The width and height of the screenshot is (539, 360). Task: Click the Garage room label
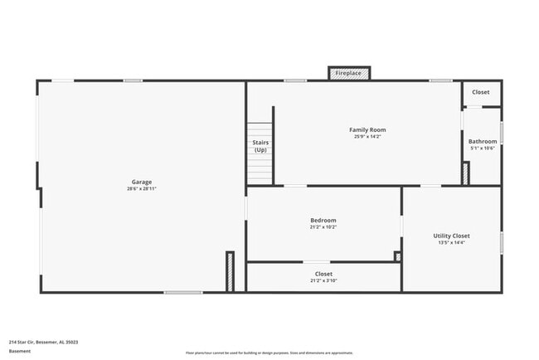pyautogui.click(x=142, y=182)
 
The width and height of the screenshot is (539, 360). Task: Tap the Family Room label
pyautogui.click(x=367, y=129)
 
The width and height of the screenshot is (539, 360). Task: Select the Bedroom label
pyautogui.click(x=323, y=220)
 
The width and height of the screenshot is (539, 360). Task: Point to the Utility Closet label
pyautogui.click(x=451, y=236)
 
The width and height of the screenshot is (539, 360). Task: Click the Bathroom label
pyautogui.click(x=482, y=141)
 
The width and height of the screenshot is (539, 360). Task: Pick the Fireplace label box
pyautogui.click(x=348, y=73)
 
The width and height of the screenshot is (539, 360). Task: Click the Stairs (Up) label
pyautogui.click(x=260, y=146)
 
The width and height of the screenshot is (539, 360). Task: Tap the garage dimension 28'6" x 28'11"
pyautogui.click(x=142, y=189)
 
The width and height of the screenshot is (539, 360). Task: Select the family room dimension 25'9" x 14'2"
pyautogui.click(x=367, y=136)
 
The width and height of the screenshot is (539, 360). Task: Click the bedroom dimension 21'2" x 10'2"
pyautogui.click(x=323, y=226)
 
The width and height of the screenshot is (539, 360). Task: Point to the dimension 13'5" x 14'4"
pyautogui.click(x=451, y=242)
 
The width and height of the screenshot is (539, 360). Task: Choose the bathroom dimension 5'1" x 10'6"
pyautogui.click(x=482, y=148)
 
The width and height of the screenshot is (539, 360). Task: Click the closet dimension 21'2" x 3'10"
pyautogui.click(x=323, y=280)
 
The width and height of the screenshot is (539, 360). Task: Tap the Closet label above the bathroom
pyautogui.click(x=481, y=92)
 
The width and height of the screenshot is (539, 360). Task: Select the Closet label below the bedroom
pyautogui.click(x=323, y=273)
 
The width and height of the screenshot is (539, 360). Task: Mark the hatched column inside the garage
pyautogui.click(x=230, y=271)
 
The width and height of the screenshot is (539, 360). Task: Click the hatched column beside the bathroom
pyautogui.click(x=465, y=173)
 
